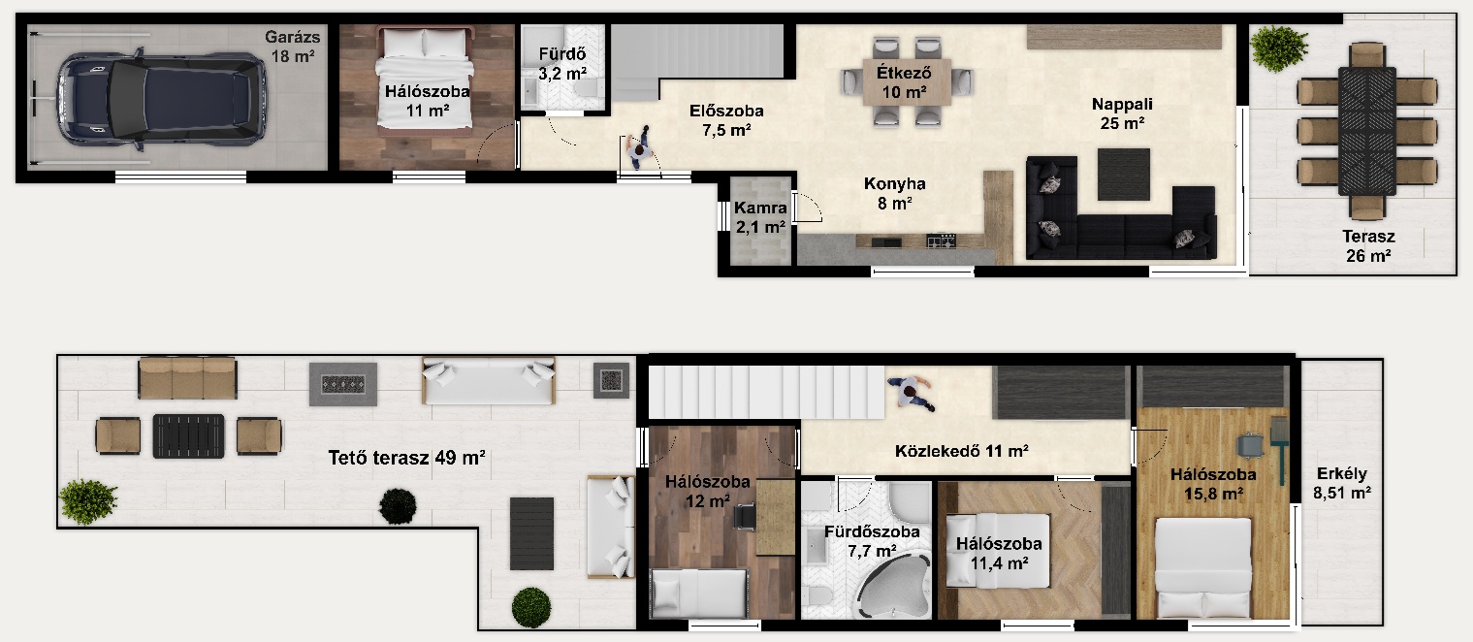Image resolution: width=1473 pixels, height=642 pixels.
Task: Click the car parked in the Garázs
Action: pyautogui.click(x=162, y=99)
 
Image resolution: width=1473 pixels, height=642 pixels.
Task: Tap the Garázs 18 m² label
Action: pyautogui.click(x=293, y=46)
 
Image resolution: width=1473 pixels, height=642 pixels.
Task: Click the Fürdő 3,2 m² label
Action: pyautogui.click(x=562, y=64)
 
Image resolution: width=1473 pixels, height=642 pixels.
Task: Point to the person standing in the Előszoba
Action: pyautogui.click(x=640, y=148)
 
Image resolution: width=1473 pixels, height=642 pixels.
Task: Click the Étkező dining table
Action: pyautogui.click(x=906, y=81)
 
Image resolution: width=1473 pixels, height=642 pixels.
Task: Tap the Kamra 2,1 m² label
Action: pyautogui.click(x=760, y=218)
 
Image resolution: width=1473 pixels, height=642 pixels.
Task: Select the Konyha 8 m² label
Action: pyautogui.click(x=894, y=193)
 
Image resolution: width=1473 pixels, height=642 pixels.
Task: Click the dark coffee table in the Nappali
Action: pyautogui.click(x=1123, y=175)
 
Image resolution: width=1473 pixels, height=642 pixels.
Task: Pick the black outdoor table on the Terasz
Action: pyautogui.click(x=1366, y=131)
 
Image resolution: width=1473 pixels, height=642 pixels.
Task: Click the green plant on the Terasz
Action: pyautogui.click(x=1278, y=48)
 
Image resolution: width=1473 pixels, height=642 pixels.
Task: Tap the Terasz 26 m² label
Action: pyautogui.click(x=1368, y=246)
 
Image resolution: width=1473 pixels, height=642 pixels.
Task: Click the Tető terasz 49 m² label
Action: pyautogui.click(x=406, y=457)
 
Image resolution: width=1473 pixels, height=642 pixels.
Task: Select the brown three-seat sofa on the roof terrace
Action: pyautogui.click(x=187, y=378)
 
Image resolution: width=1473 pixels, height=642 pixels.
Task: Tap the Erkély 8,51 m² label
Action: pyautogui.click(x=1341, y=484)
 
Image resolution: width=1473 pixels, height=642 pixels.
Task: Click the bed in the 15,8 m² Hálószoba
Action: pyautogui.click(x=1203, y=567)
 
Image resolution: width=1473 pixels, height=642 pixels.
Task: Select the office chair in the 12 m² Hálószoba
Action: pyautogui.click(x=745, y=516)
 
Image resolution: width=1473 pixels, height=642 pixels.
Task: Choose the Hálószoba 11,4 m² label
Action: pyautogui.click(x=999, y=553)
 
